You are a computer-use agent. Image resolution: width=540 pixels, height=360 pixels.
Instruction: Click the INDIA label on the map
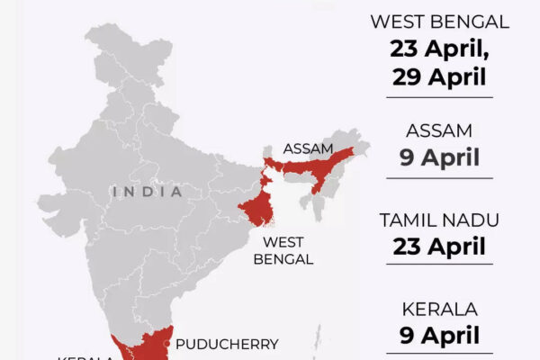point(148,192)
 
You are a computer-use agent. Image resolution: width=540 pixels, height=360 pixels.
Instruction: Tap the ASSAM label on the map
point(309,148)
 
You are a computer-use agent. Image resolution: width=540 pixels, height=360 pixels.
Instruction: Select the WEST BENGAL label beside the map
point(288,250)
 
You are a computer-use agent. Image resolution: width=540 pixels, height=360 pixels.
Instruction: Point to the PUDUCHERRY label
point(227,344)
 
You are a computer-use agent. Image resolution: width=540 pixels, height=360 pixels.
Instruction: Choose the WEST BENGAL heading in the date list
point(439,21)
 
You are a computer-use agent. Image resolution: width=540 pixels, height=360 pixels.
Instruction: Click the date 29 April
point(439,76)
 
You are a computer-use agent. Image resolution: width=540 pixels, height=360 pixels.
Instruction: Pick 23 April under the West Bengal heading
point(439,48)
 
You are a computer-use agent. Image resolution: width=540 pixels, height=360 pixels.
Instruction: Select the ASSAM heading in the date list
point(439,131)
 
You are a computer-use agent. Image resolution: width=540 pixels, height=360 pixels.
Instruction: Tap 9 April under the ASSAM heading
point(439,158)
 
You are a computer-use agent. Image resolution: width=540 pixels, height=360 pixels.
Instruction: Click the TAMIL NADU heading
point(439,220)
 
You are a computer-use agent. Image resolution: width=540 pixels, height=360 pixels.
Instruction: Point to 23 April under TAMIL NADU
point(439,246)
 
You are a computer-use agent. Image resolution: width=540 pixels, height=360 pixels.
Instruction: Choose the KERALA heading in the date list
point(439,309)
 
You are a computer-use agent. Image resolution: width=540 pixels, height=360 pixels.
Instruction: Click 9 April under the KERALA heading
point(439,335)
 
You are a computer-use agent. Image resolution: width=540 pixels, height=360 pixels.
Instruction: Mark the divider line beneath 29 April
point(439,96)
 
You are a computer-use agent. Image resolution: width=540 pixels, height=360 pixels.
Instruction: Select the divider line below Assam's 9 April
point(439,178)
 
